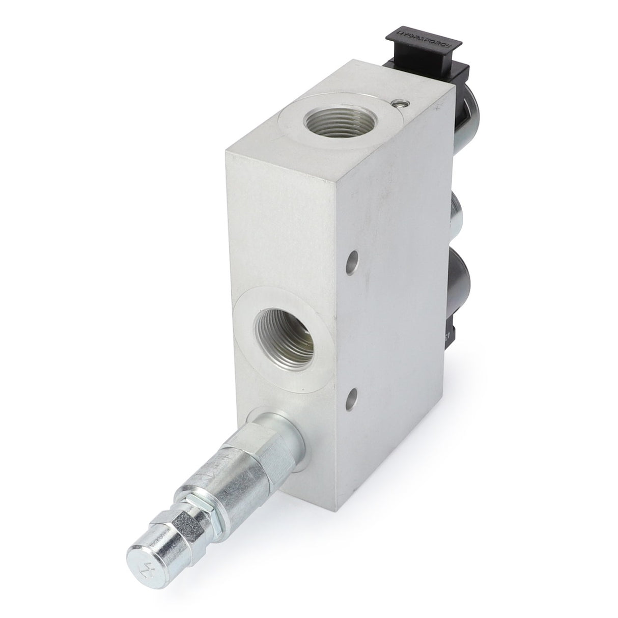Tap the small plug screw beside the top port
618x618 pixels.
coord(404,104)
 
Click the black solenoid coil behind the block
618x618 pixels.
coord(463,285)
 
